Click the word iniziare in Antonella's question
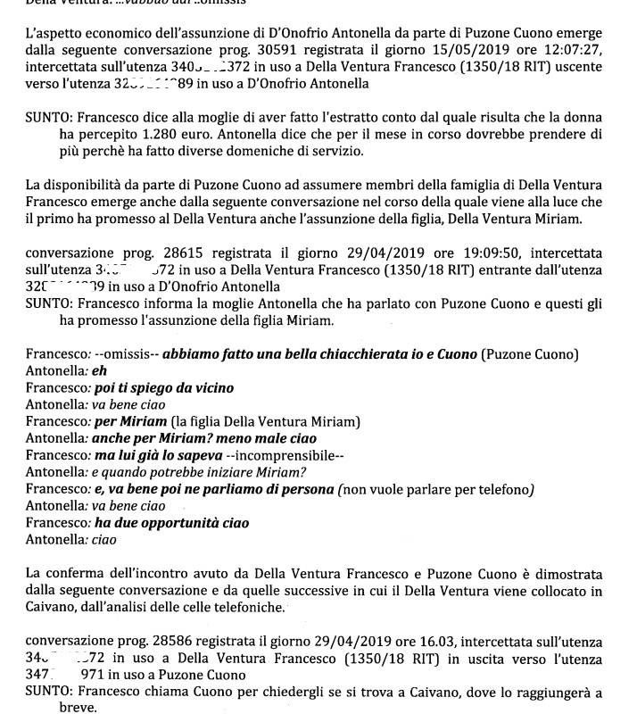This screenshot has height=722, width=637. [x=236, y=472]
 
